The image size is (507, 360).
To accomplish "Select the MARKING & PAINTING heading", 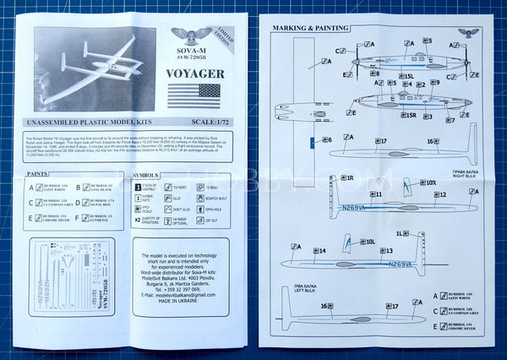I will (x=310, y=28).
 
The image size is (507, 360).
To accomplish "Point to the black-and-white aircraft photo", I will (x=95, y=69).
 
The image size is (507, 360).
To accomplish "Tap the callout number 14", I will (x=319, y=251).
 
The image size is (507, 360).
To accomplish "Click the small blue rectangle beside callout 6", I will (x=311, y=140).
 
